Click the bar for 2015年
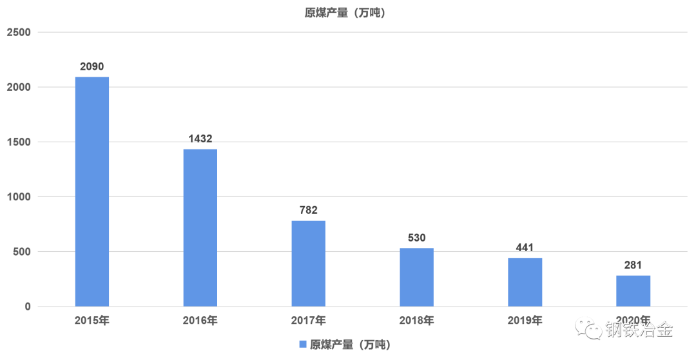[92, 191]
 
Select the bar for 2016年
[200, 227]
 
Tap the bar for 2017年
[308, 263]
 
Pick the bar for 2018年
[416, 277]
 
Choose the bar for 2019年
[525, 281]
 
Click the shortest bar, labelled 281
[633, 290]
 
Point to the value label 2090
[92, 66]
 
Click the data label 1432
[200, 138]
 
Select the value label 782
[308, 210]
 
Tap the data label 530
[416, 238]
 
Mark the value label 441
[525, 247]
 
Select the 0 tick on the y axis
[28, 307]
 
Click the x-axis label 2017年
[308, 320]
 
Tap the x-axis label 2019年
[525, 320]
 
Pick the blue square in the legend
[303, 344]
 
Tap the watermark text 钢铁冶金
[639, 329]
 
